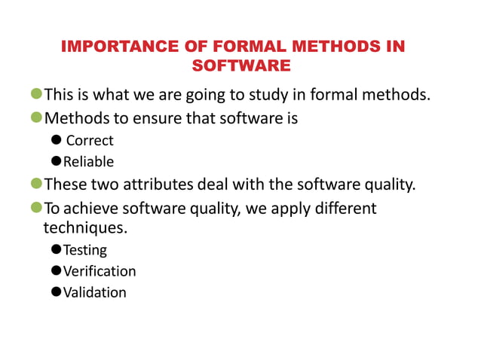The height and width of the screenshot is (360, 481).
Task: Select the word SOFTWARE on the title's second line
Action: click(x=241, y=66)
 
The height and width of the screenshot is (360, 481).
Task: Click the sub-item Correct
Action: click(x=90, y=141)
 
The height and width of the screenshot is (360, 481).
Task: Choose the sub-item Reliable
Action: click(x=88, y=162)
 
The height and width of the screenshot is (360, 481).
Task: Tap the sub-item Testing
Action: click(x=85, y=250)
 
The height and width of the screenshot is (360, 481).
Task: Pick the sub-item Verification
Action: click(x=100, y=271)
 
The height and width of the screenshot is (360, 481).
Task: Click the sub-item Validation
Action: click(x=95, y=292)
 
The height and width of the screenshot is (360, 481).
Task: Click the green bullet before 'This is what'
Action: click(x=35, y=96)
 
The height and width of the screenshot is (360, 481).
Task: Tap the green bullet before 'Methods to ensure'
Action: click(x=35, y=118)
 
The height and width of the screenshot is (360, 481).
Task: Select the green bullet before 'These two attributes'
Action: click(x=35, y=185)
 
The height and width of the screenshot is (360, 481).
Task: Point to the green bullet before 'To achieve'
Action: click(x=35, y=207)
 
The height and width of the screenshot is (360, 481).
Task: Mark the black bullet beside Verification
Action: click(x=56, y=271)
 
